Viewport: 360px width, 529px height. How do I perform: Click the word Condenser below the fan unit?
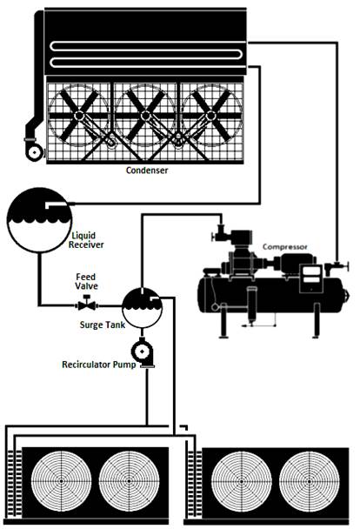(147, 171)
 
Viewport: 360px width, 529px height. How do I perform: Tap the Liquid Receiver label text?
(86, 240)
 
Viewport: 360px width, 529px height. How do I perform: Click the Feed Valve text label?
(86, 281)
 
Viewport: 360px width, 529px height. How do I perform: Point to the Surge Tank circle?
(142, 307)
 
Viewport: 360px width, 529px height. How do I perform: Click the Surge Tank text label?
(103, 325)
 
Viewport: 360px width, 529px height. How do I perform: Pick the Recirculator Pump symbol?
(143, 352)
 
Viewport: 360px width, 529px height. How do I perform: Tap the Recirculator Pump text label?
(99, 365)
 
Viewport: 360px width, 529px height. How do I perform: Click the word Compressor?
(285, 247)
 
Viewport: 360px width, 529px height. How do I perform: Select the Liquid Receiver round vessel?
(39, 220)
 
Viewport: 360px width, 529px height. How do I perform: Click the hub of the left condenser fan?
(79, 116)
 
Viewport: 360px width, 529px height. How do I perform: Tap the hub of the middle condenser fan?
(145, 116)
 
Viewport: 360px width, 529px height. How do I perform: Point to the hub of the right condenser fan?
(210, 116)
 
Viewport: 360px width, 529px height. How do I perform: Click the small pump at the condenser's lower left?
(35, 151)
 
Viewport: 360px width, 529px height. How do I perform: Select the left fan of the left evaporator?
(61, 481)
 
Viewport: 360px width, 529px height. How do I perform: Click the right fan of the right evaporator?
(309, 481)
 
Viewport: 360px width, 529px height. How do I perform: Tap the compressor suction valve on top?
(219, 233)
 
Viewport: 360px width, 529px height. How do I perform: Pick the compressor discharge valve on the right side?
(337, 266)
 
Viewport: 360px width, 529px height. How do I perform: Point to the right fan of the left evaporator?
(129, 481)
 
